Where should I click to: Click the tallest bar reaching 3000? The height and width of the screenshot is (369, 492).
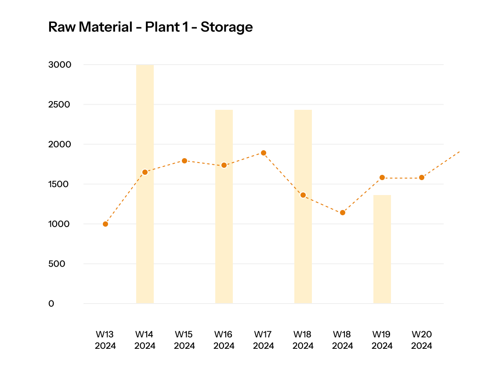click(x=145, y=184)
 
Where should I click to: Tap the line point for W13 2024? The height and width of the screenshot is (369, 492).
click(x=105, y=224)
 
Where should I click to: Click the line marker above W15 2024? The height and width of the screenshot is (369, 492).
click(x=184, y=161)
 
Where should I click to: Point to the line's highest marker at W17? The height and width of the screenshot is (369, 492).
click(x=264, y=153)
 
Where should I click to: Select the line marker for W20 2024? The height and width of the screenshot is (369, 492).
click(x=422, y=177)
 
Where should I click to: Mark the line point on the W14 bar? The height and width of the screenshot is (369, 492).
click(x=145, y=172)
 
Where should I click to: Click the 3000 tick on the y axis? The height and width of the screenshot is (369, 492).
click(x=60, y=65)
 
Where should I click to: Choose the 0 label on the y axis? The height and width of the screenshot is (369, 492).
click(x=51, y=304)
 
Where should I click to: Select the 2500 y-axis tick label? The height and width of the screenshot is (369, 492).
click(x=60, y=105)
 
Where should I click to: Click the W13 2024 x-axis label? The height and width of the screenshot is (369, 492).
click(x=105, y=340)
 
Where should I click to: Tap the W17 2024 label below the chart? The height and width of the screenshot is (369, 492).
click(x=264, y=340)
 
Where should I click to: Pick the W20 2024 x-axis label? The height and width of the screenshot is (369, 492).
click(x=422, y=340)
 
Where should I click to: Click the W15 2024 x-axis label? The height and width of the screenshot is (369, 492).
click(x=184, y=340)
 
